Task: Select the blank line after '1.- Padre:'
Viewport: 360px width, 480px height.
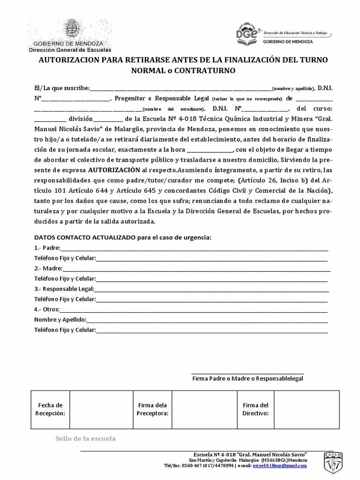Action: pos(194,248)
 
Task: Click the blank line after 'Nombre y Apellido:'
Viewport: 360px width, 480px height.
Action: pos(207,320)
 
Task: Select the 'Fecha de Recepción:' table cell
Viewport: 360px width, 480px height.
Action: pos(50,409)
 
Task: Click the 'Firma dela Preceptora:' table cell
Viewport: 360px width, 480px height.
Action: pos(152,409)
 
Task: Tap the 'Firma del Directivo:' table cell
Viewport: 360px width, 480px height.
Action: pos(255,409)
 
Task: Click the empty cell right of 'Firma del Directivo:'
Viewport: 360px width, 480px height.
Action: pos(307,409)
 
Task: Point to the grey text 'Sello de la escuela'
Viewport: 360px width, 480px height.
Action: pos(85,439)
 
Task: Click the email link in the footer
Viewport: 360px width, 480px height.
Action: pos(279,465)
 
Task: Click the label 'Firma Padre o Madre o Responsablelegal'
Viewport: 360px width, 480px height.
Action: pos(247,378)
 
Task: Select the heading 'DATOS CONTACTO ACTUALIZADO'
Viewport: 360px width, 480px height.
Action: pos(85,238)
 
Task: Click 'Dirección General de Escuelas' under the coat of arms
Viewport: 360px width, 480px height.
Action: pos(70,49)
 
